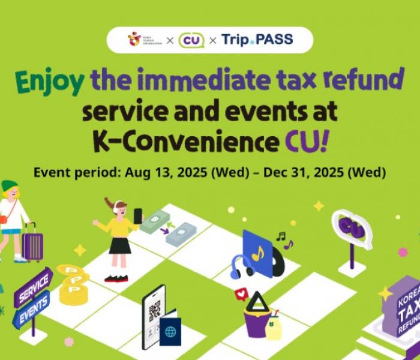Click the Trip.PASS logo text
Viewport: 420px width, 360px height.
[257, 40]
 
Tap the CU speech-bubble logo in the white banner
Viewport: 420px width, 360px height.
[191, 40]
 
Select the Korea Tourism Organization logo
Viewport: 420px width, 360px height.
[145, 40]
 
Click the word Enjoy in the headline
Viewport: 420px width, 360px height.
[49, 82]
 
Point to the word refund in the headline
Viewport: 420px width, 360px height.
[364, 79]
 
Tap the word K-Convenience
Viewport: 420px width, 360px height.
[185, 141]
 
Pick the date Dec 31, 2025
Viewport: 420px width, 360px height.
[303, 172]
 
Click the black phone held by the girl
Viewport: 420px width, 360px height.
[138, 216]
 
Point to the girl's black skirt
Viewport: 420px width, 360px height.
[120, 245]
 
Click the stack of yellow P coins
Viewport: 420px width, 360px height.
[73, 284]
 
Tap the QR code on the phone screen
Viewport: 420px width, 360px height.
[155, 310]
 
